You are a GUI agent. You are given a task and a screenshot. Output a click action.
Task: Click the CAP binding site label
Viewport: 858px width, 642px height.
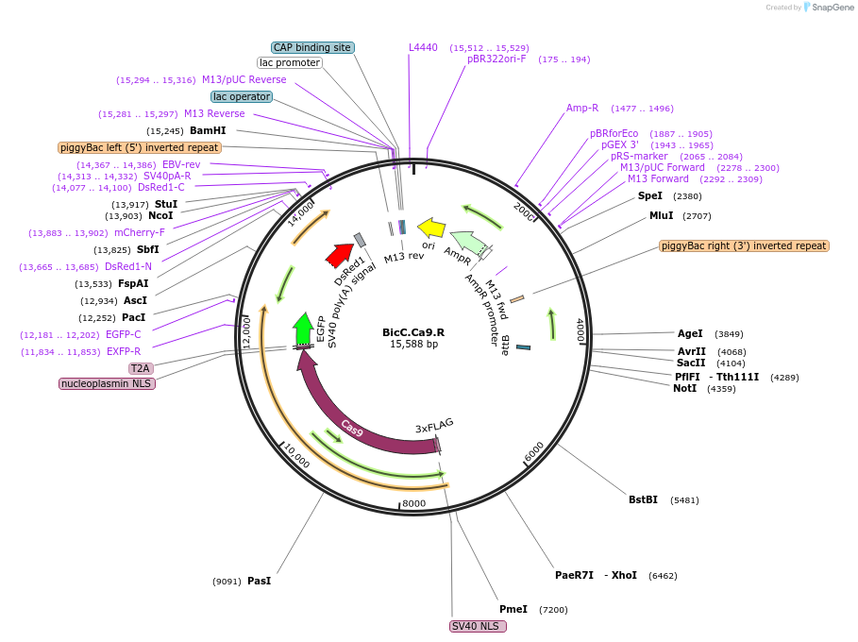(x=311, y=47)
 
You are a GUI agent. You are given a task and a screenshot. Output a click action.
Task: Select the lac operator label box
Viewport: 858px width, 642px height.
(x=242, y=96)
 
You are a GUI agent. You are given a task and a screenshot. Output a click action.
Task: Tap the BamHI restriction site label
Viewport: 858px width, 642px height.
(x=208, y=130)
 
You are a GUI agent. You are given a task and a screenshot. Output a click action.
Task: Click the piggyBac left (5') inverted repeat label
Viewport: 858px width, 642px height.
(x=140, y=147)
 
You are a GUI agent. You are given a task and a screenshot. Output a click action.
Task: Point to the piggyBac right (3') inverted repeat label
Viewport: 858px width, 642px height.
(x=744, y=245)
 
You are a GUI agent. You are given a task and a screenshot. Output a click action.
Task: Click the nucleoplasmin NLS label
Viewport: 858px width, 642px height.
(x=107, y=383)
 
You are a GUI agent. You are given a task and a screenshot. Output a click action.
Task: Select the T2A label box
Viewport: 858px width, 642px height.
(x=141, y=368)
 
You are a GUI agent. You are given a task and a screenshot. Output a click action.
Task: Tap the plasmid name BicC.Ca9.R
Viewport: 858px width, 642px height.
(x=413, y=331)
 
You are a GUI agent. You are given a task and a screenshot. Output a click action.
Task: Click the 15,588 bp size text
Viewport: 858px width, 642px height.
(x=413, y=344)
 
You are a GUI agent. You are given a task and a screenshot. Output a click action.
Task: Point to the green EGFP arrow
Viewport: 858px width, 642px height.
(x=303, y=329)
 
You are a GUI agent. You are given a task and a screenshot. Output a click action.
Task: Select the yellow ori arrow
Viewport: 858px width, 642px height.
(x=431, y=228)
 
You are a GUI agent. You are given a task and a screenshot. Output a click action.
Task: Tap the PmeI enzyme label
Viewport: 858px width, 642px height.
(x=513, y=609)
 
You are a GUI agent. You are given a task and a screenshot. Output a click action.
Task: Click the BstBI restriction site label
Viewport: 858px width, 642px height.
(x=643, y=499)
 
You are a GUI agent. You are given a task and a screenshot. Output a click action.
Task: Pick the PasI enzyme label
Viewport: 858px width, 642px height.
(x=259, y=581)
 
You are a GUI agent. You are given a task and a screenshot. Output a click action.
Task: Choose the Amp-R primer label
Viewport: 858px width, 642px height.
(x=582, y=108)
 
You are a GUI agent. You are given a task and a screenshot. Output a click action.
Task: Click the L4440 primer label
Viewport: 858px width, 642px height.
(x=423, y=47)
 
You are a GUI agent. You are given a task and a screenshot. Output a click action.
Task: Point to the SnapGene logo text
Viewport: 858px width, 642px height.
(x=832, y=8)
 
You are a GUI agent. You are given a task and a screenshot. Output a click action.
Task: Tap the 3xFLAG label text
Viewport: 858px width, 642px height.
(x=434, y=428)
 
